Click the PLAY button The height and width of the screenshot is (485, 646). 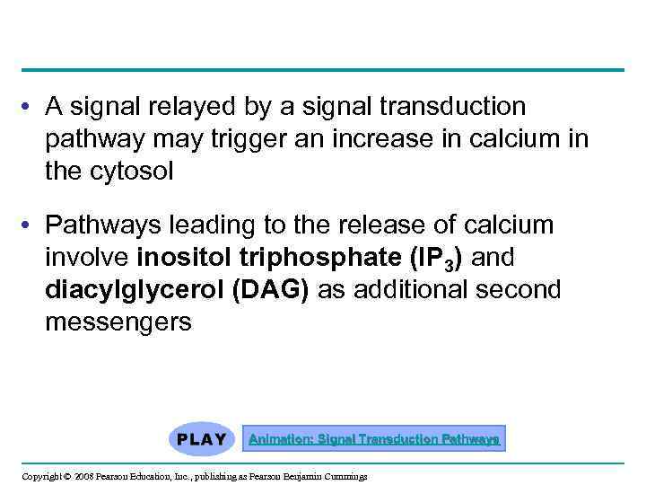(202, 439)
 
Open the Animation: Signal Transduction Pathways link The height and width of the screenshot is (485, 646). (374, 439)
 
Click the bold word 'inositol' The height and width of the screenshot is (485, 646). (185, 259)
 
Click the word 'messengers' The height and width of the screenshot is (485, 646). (118, 322)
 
